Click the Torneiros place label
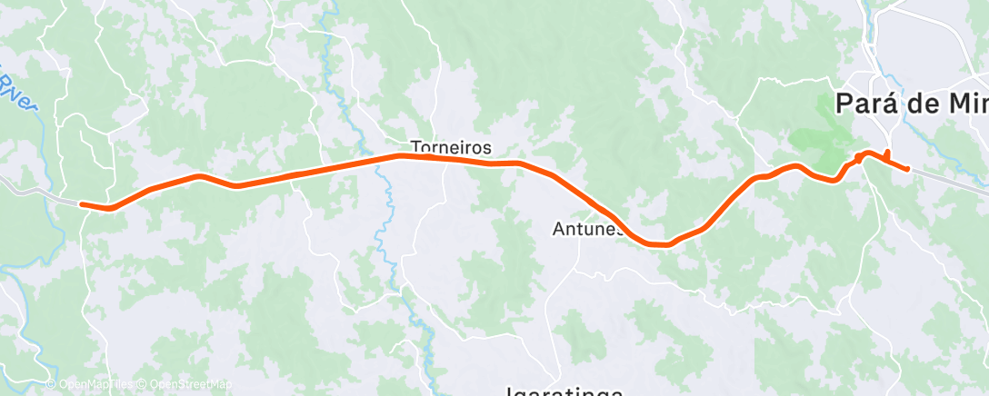(x=451, y=146)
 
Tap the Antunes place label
(x=588, y=230)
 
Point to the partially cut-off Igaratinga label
(x=564, y=391)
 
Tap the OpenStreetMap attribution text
(x=190, y=385)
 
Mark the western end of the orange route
(x=82, y=204)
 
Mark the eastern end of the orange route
(x=907, y=169)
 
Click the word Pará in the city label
(x=864, y=104)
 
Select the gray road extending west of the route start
(x=36, y=191)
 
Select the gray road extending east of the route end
(x=950, y=180)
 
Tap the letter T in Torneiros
(x=415, y=146)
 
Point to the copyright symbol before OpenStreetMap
(x=144, y=385)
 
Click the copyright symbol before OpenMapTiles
(x=51, y=385)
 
